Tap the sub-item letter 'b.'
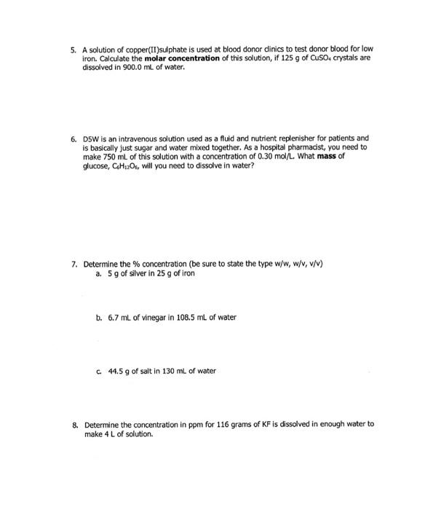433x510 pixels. [x=99, y=318]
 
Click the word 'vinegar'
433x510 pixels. [x=156, y=318]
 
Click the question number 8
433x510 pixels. [x=73, y=423]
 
